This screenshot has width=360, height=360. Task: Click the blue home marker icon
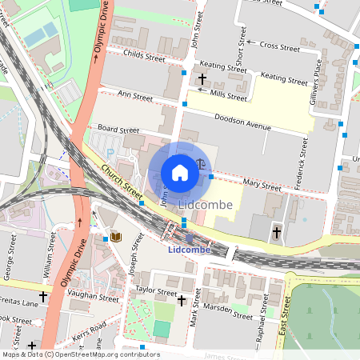[x=180, y=173]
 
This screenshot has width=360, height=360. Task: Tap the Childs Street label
[x=144, y=56]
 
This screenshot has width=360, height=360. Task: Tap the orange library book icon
[x=116, y=237]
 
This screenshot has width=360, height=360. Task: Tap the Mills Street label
[x=227, y=94]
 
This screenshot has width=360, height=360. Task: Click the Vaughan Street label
[x=93, y=298]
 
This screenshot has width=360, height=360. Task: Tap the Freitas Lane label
[x=16, y=303]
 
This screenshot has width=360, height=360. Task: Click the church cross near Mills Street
[x=202, y=79]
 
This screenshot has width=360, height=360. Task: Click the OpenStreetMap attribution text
[x=80, y=354]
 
